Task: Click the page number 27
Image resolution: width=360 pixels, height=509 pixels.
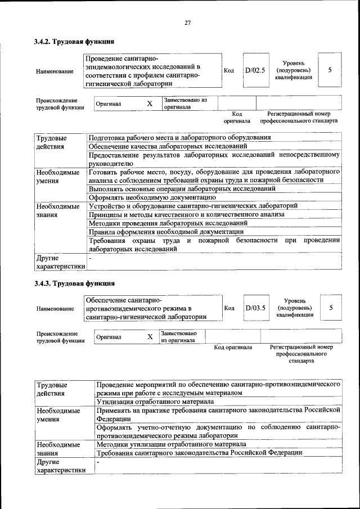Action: click(188, 22)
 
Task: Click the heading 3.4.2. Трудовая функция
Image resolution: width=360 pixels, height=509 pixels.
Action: click(74, 42)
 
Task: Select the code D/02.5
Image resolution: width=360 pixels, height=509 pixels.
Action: click(254, 70)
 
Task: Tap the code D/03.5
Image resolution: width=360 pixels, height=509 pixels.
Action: click(254, 308)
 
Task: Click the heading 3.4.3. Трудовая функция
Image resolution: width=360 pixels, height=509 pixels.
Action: click(74, 283)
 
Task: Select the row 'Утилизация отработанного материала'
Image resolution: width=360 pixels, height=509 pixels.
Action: click(155, 402)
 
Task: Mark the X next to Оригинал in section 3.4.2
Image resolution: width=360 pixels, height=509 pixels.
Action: click(150, 104)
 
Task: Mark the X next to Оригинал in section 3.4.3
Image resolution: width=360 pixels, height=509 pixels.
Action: click(150, 337)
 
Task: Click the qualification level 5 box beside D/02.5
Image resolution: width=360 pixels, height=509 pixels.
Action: click(330, 70)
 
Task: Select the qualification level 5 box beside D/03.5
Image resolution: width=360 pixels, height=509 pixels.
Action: click(331, 308)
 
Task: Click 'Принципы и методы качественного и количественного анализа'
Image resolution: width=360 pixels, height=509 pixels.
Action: click(187, 214)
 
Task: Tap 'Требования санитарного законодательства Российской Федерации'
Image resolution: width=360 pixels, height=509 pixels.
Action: click(200, 452)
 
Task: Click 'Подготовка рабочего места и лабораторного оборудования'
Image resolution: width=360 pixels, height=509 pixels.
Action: click(180, 137)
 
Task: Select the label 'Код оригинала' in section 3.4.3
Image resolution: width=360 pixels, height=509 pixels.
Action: click(233, 347)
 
